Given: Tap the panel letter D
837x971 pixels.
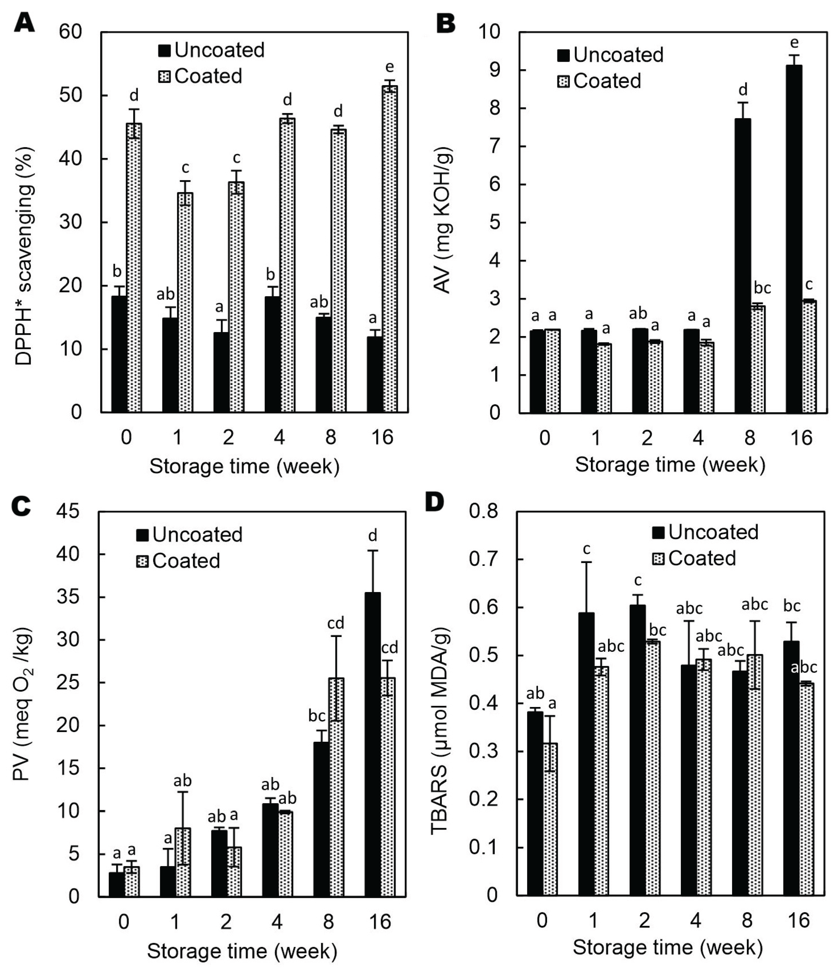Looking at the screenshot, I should pos(434,502).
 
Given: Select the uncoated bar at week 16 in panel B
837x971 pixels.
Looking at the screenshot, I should pos(794,239).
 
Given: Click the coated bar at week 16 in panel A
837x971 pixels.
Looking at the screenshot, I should pos(389,248).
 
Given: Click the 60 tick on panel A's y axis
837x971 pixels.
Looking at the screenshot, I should pos(70,32).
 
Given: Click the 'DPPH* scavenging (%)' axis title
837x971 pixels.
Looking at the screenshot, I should pos(23,255).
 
